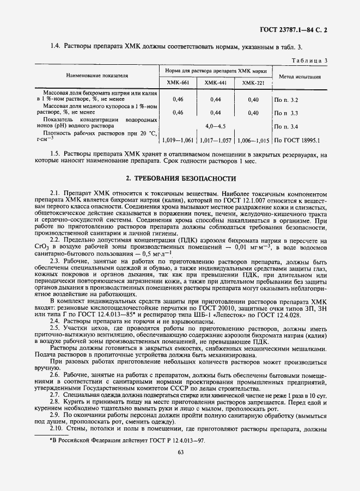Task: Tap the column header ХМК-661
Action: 178,83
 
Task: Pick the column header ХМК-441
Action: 215,83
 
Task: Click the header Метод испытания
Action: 299,77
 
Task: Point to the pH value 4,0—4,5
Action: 215,126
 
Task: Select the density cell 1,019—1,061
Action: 178,140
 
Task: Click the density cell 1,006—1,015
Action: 253,140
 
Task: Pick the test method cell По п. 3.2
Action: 286,100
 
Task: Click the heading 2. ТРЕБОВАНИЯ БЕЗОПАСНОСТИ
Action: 180,178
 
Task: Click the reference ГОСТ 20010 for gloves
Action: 203,308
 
